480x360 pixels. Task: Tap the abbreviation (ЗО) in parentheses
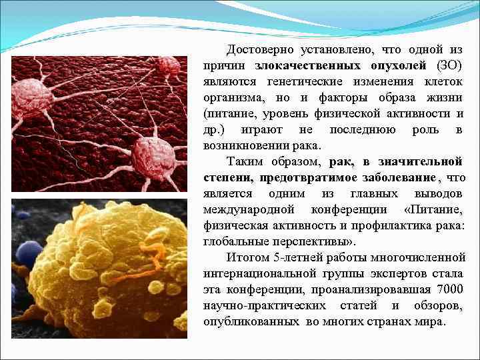(450, 65)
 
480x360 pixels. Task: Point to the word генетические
(306, 81)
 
